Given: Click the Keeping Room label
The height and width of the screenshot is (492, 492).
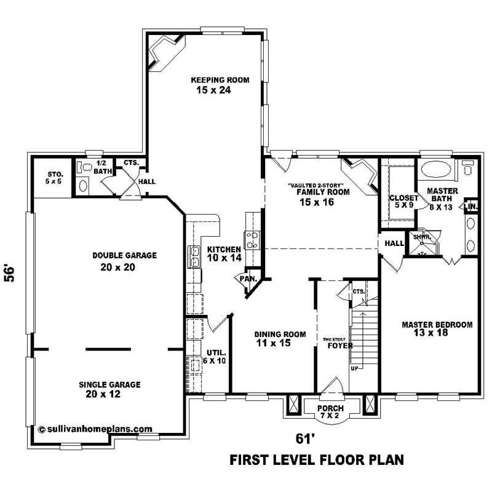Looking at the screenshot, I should [x=211, y=80].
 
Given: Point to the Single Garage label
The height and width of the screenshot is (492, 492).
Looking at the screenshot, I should [x=109, y=384].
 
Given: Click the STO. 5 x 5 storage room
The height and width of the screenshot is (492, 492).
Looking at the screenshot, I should [x=54, y=178].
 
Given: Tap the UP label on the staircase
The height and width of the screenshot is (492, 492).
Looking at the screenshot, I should [x=354, y=369].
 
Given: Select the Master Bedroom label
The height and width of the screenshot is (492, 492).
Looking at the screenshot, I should [x=437, y=325].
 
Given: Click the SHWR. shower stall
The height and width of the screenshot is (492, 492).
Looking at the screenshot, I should [x=422, y=242].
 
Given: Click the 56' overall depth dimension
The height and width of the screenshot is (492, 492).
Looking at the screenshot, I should [x=10, y=273].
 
